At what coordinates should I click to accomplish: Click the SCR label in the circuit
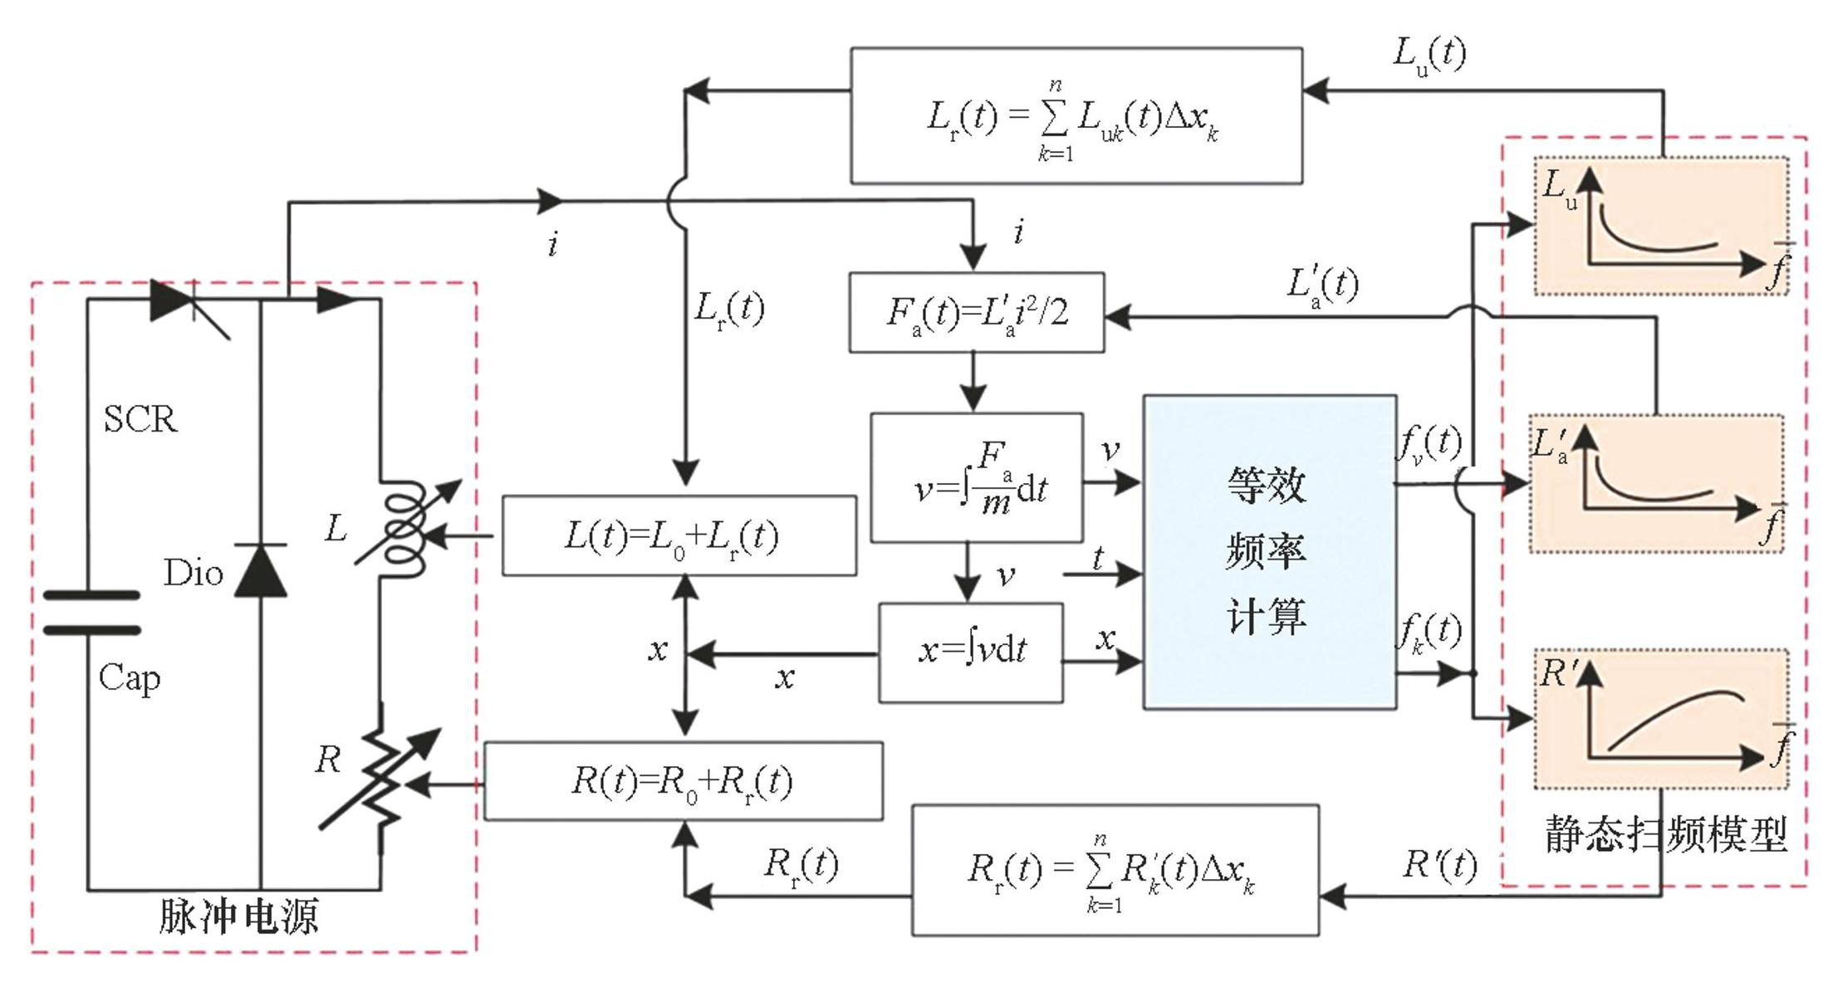point(140,419)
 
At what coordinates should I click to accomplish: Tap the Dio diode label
point(193,573)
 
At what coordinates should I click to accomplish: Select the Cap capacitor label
point(129,678)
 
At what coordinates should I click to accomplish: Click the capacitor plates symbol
point(91,613)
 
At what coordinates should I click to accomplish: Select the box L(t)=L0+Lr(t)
point(679,536)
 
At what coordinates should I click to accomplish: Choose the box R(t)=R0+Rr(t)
point(683,781)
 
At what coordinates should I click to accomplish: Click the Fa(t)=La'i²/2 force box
point(976,313)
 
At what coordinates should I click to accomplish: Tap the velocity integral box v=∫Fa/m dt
point(977,478)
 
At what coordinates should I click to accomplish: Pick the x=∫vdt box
point(971,652)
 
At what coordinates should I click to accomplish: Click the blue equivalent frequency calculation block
point(1269,552)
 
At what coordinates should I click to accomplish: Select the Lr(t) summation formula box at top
point(1076,116)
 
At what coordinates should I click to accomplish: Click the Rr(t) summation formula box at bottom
point(1115,870)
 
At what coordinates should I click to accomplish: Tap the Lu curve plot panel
point(1660,226)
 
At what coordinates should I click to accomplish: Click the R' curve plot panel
point(1660,719)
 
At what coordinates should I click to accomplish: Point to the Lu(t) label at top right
point(1429,55)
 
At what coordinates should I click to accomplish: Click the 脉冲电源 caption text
point(238,917)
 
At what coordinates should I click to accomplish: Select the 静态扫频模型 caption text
point(1665,834)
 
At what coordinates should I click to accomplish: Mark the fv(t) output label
point(1429,444)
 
